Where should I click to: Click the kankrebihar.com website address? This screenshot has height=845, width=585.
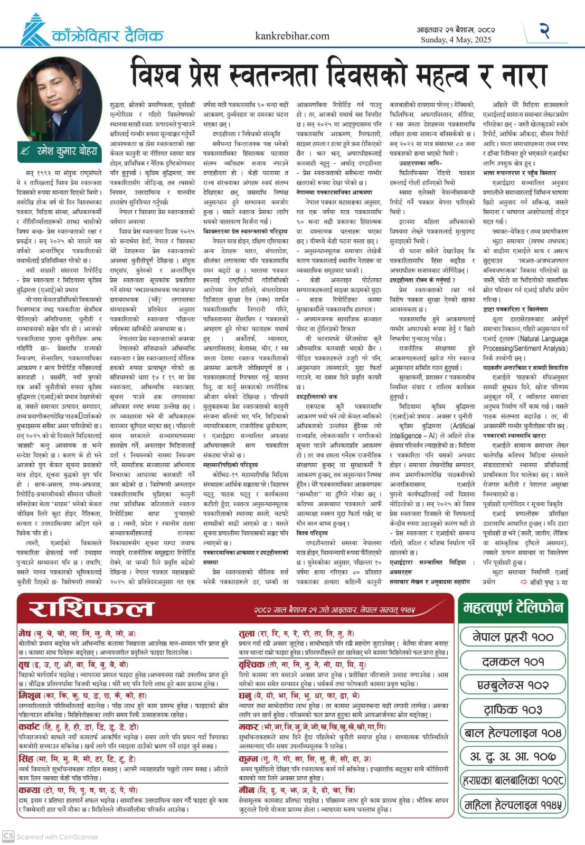point(292,36)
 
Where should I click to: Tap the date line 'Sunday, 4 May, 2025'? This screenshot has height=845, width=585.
point(456,40)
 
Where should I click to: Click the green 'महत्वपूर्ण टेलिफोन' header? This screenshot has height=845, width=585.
point(513,607)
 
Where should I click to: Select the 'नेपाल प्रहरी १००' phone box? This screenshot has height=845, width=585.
point(512,637)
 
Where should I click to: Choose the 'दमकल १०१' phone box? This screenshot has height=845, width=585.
point(512,661)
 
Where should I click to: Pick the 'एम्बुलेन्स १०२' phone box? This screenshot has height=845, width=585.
point(512,685)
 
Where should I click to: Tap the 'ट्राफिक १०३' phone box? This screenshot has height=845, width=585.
point(512,709)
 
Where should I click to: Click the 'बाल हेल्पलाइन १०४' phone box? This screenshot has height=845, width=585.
point(512,733)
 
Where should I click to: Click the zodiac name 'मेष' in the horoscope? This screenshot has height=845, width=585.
point(25,633)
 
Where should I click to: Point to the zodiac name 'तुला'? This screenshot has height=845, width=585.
point(247,633)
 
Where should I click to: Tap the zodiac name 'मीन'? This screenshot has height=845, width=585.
point(247,790)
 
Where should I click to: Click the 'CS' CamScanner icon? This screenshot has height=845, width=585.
point(8,836)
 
